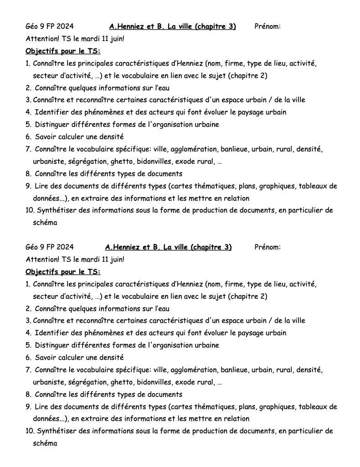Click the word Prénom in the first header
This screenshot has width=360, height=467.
click(267, 26)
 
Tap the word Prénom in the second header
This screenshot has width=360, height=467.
click(267, 247)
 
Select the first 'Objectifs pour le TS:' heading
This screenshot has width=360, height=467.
click(63, 51)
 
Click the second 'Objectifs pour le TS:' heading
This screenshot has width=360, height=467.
click(63, 272)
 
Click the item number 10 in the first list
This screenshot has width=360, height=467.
click(30, 211)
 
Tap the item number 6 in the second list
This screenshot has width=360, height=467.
click(28, 358)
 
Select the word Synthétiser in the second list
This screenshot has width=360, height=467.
click(56, 431)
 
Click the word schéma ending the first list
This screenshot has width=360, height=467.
click(45, 223)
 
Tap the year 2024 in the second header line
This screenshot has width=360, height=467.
click(65, 247)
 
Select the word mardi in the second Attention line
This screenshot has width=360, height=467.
click(91, 259)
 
